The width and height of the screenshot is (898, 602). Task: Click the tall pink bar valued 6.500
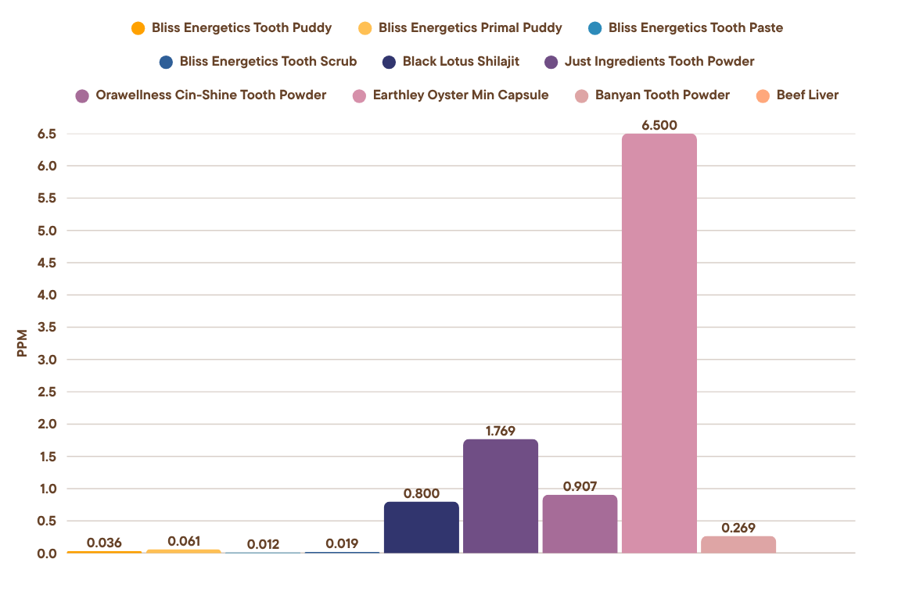659,344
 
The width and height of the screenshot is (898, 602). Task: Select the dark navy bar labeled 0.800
421,528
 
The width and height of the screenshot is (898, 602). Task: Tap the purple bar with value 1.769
501,496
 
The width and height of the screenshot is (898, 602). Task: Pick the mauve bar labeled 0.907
580,524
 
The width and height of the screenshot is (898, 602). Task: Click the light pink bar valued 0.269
738,544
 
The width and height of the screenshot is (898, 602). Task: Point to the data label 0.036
104,543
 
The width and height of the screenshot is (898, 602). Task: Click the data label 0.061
184,541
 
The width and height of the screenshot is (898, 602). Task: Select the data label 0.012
263,544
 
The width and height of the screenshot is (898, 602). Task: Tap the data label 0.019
342,543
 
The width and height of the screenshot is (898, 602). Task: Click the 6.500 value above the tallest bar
659,125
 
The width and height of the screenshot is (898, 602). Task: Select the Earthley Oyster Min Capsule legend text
460,95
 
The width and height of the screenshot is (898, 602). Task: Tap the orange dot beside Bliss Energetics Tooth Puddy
138,28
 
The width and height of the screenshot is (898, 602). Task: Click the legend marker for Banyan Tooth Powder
581,96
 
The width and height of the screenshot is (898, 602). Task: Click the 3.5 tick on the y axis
46,328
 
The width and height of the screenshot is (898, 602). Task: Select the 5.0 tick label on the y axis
46,231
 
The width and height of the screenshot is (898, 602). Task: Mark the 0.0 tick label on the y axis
46,554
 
